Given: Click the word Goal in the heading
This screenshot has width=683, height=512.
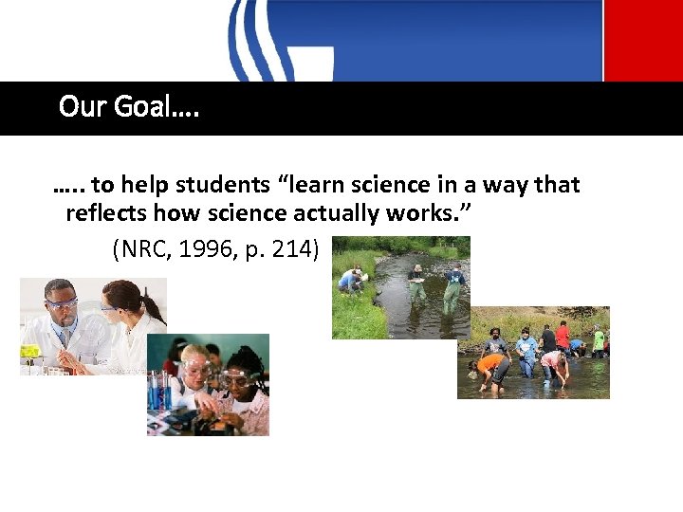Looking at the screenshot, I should [144, 106].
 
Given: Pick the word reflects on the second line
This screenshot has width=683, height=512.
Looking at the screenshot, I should [105, 212].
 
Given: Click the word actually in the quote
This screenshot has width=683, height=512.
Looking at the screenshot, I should [414, 212].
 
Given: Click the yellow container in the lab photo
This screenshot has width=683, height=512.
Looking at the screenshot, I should [30, 351].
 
